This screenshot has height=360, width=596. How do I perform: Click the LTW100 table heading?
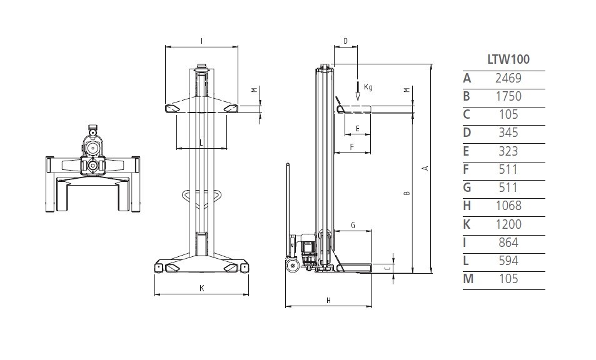[x=508, y=59]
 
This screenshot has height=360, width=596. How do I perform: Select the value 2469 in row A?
[x=508, y=78]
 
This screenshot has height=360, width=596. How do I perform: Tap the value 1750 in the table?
[x=508, y=96]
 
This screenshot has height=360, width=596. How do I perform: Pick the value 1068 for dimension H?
[x=508, y=206]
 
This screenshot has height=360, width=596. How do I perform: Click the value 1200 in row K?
[x=508, y=224]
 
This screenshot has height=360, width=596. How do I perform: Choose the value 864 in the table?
[x=508, y=242]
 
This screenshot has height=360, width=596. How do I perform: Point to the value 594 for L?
[x=508, y=261]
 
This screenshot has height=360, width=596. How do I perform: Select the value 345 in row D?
[x=508, y=132]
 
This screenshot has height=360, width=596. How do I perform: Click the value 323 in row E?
[x=508, y=151]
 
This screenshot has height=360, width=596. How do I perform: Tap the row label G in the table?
[x=467, y=187]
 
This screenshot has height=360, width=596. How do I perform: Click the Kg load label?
[x=368, y=87]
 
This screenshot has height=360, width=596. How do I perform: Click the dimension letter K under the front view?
[x=202, y=288]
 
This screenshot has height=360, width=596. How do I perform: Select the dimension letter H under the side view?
[x=329, y=301]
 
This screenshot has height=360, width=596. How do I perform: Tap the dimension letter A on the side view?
[x=426, y=168]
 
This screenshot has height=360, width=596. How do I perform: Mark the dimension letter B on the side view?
[x=407, y=193]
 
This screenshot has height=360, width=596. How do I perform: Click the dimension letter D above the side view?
[x=345, y=41]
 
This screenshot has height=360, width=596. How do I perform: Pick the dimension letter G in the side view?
[x=353, y=226]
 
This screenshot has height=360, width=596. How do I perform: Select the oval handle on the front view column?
[x=202, y=196]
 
